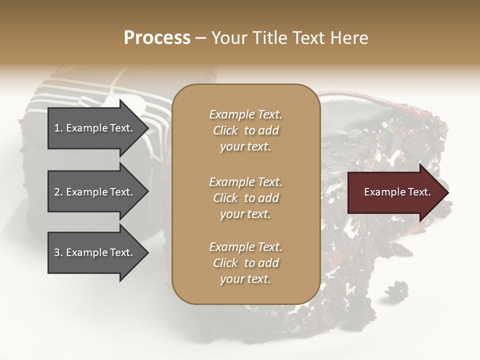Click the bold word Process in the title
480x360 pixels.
click(157, 38)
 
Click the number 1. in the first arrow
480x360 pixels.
click(58, 128)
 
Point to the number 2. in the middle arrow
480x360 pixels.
click(58, 192)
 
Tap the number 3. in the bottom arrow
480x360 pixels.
click(58, 252)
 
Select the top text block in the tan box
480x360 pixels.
click(245, 130)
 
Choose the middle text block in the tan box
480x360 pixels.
click(245, 197)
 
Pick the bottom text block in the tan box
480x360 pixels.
click(245, 263)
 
